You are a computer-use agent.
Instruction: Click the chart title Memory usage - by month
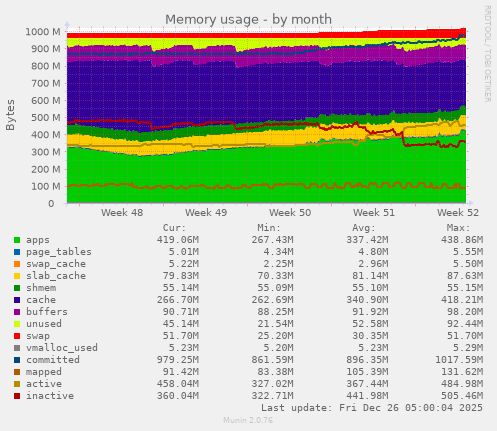coord(247,19)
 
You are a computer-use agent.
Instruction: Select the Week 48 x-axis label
coord(122,213)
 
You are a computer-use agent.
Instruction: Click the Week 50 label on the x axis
coord(290,213)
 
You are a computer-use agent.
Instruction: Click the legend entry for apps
coord(38,240)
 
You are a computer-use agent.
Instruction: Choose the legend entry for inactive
coord(48,396)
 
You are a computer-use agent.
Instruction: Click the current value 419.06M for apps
coord(178,240)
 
